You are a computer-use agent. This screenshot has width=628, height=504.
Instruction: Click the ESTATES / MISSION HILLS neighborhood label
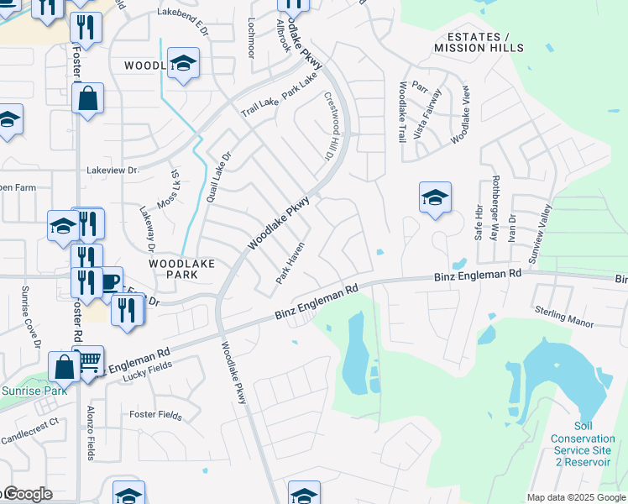pyautogui.click(x=478, y=43)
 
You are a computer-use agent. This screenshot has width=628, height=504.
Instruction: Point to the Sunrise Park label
pyautogui.click(x=34, y=391)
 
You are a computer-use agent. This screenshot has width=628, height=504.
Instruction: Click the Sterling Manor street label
pyautogui.click(x=564, y=317)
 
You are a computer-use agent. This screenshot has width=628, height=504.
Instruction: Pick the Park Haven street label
pyautogui.click(x=290, y=264)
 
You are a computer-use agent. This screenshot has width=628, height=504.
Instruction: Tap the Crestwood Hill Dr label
pyautogui.click(x=329, y=128)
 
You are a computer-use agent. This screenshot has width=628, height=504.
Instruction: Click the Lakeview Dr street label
pyautogui.click(x=113, y=170)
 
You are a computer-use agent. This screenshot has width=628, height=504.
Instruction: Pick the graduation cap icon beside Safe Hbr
pyautogui.click(x=435, y=198)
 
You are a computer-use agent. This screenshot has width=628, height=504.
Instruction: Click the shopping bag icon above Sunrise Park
pyautogui.click(x=65, y=366)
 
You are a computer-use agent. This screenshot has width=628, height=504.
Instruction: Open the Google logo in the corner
pyautogui.click(x=27, y=494)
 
